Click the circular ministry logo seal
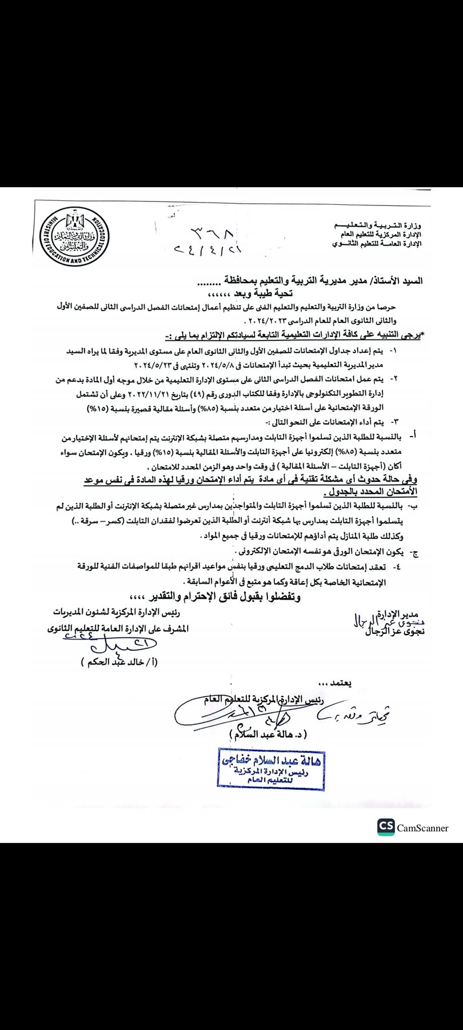[x=72, y=235]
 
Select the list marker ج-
[x=415, y=553]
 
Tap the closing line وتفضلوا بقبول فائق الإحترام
[x=215, y=597]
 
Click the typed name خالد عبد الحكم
[x=119, y=662]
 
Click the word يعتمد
[x=334, y=683]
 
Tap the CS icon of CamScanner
[x=386, y=827]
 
